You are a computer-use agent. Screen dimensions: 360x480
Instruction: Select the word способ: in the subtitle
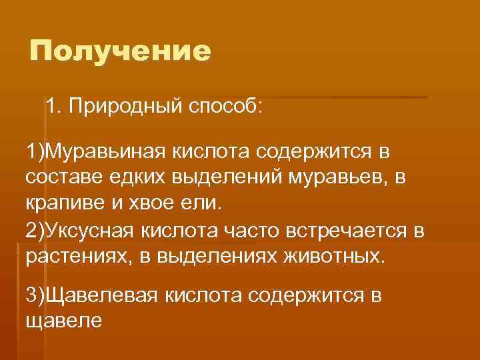pyautogui.click(x=225, y=107)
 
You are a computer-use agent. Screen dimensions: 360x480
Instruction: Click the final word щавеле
pyautogui.click(x=63, y=320)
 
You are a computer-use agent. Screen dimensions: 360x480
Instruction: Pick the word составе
pyautogui.click(x=64, y=178)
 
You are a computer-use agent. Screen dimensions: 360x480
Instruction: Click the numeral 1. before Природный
pyautogui.click(x=53, y=107)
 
